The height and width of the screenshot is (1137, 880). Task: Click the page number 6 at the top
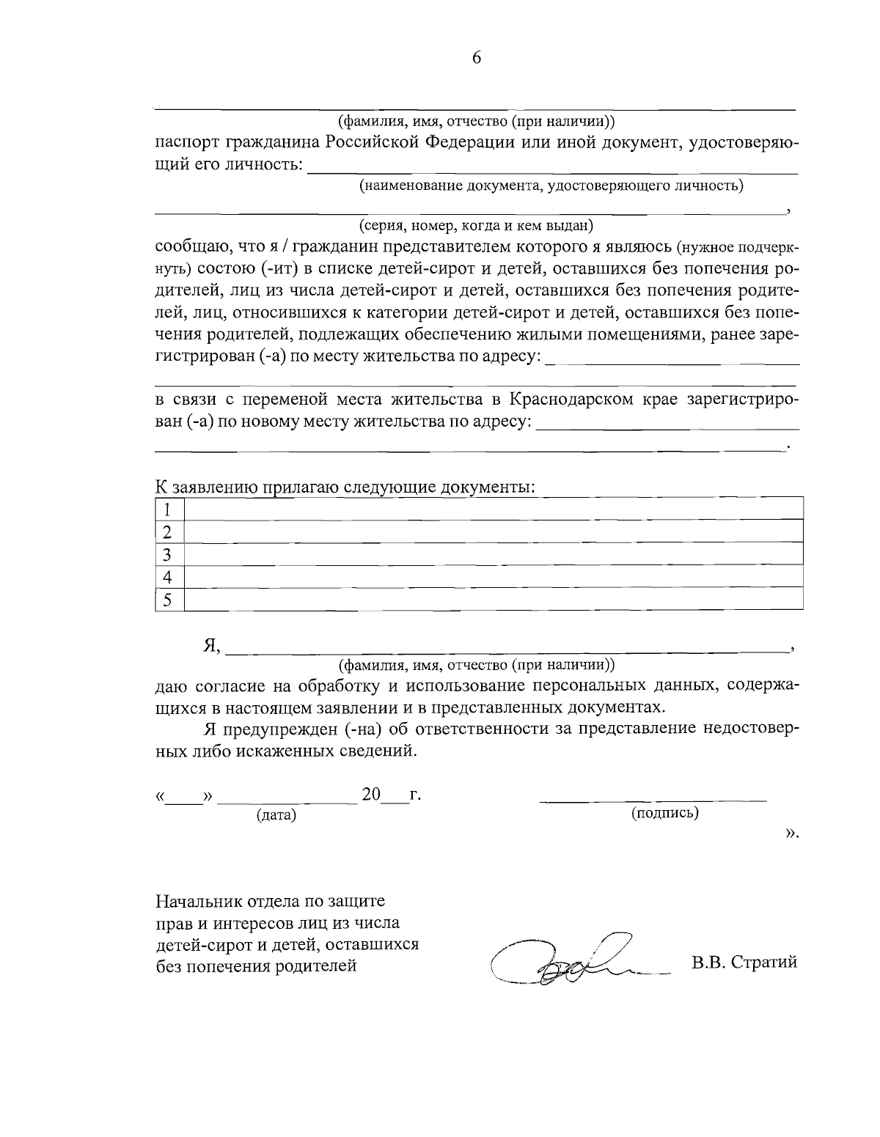pyautogui.click(x=476, y=59)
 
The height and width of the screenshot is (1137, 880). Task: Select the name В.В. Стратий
pyautogui.click(x=744, y=963)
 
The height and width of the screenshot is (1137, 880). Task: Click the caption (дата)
pyautogui.click(x=276, y=815)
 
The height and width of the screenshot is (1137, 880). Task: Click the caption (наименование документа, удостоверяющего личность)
pyautogui.click(x=551, y=185)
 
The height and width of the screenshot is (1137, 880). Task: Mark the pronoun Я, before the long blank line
pyautogui.click(x=211, y=646)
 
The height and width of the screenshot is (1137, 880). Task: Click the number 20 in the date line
pyautogui.click(x=371, y=795)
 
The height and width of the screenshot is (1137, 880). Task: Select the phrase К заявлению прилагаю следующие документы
pyautogui.click(x=345, y=487)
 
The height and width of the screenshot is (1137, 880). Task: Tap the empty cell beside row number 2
pyautogui.click(x=493, y=531)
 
